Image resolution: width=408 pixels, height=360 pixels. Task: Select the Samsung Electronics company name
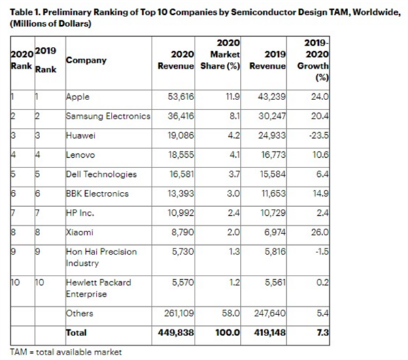pyautogui.click(x=107, y=116)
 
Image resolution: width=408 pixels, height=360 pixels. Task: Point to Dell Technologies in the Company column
pyautogui.click(x=101, y=174)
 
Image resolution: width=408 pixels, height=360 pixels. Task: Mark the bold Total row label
pyautogui.click(x=76, y=333)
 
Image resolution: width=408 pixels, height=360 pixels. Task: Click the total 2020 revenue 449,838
pyautogui.click(x=177, y=333)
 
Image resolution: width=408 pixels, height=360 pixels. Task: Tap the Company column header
pyautogui.click(x=86, y=60)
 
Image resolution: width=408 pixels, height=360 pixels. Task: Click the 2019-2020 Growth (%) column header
pyautogui.click(x=315, y=60)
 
